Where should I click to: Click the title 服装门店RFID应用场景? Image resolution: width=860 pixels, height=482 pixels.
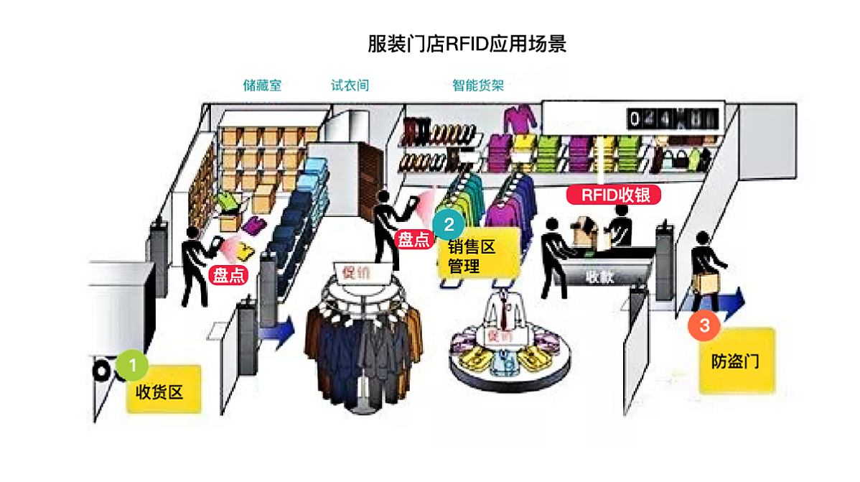467,44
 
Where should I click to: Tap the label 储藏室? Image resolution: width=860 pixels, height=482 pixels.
262,85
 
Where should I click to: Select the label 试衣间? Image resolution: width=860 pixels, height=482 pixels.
350,85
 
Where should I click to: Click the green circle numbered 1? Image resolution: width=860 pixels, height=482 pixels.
133,365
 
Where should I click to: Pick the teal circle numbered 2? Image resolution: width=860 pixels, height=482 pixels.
449,224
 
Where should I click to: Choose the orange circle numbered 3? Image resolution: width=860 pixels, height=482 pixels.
704,325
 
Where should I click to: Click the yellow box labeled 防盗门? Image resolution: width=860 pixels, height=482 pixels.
737,361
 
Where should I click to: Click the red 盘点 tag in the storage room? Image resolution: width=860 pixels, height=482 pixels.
228,275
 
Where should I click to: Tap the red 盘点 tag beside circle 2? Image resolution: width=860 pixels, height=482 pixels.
414,238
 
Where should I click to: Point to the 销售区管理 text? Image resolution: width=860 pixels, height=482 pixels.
472,257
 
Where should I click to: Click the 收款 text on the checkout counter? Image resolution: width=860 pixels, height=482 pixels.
599,277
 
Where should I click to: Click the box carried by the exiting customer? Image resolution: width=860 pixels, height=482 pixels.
706,284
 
